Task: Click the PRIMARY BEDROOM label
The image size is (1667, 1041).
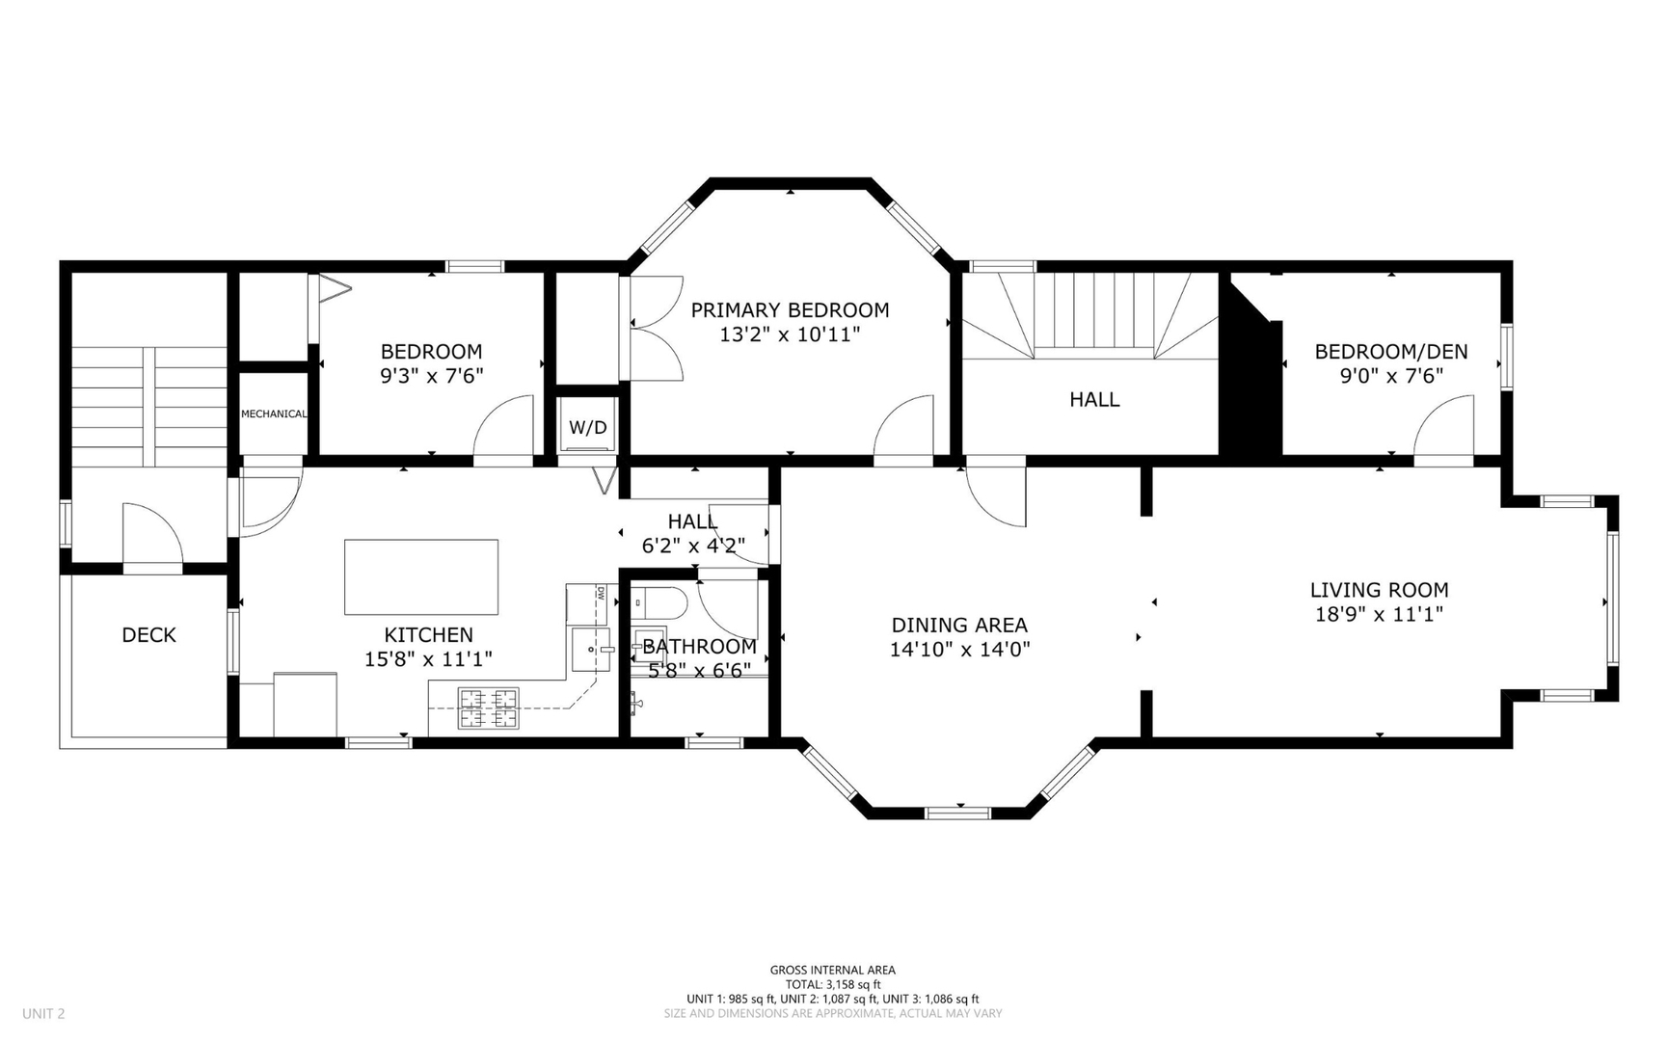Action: coord(790,310)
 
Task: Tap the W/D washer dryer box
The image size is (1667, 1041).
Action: coord(588,427)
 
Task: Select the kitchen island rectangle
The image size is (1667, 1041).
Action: coord(421,576)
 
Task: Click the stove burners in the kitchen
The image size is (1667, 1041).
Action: coord(488,708)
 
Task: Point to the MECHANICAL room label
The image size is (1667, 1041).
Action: coord(274,414)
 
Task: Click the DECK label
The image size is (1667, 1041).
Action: coord(148,635)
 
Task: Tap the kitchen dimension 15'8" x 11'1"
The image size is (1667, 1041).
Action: coord(428,659)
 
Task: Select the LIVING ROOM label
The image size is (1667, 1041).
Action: coord(1379,590)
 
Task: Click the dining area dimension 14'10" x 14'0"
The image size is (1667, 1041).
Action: coord(959,650)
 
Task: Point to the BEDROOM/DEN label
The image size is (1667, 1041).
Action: coord(1390,352)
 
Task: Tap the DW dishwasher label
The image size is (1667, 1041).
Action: coord(600,593)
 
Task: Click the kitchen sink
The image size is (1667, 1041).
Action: coord(590,650)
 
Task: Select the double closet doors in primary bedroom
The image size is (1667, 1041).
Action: coord(656,329)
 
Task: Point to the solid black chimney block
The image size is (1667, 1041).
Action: coord(1250,386)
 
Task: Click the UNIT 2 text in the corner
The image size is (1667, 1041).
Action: coord(43,1013)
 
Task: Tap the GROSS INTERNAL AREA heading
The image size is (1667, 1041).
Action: coord(832,970)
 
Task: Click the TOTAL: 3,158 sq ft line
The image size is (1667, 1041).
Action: coord(832,984)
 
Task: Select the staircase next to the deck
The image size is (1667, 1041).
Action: coord(149,405)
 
